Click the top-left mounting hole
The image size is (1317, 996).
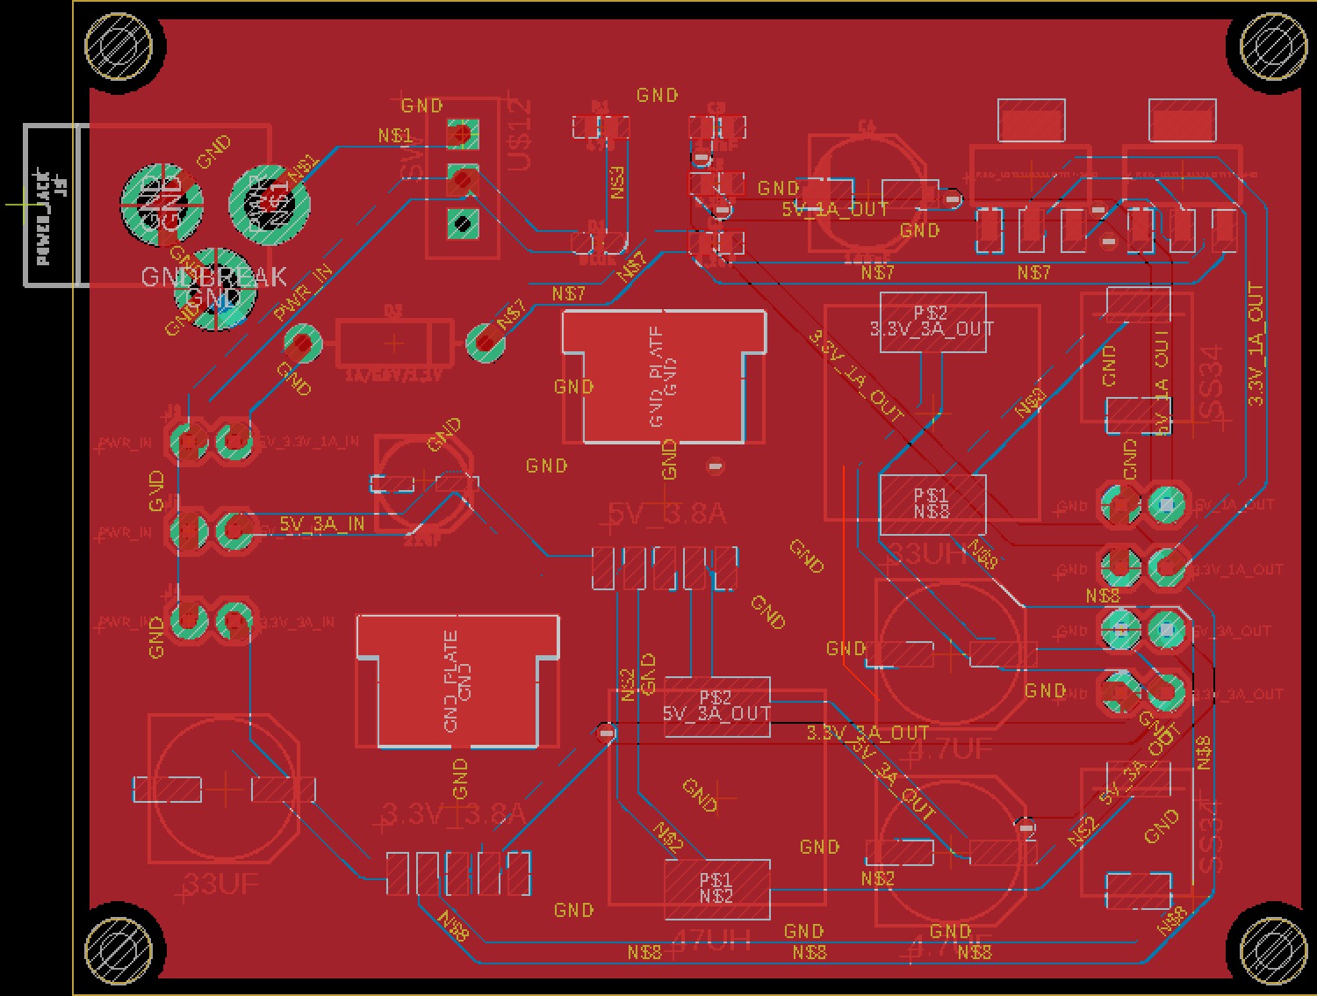(x=124, y=45)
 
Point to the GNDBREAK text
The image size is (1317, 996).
(x=213, y=277)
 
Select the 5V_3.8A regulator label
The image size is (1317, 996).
(x=667, y=514)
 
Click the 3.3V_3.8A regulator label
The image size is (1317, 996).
(x=453, y=815)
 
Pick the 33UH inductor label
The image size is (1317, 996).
(x=929, y=554)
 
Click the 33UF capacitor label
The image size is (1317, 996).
(x=221, y=884)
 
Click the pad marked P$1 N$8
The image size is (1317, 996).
(x=932, y=503)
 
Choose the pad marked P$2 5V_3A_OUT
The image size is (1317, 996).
(x=716, y=705)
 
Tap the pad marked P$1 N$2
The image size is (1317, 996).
(x=716, y=888)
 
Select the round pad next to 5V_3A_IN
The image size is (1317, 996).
(x=234, y=530)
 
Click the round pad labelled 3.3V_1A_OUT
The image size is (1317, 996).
(x=1166, y=567)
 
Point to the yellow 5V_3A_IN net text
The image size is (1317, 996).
(x=321, y=524)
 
